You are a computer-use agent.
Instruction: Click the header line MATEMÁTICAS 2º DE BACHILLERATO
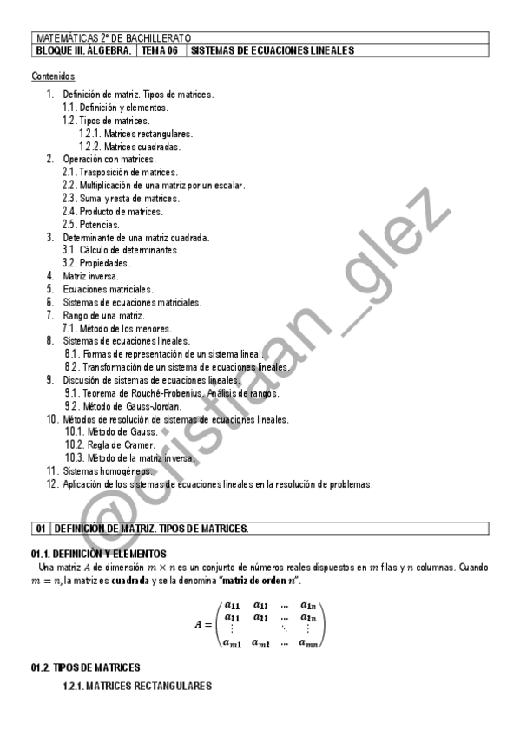tap(113, 39)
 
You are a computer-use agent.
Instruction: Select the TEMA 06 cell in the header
tap(161, 51)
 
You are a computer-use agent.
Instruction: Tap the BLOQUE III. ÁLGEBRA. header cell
tap(84, 51)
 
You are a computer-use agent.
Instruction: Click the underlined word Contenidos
tap(54, 77)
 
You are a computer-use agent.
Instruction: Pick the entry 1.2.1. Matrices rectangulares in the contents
tap(135, 134)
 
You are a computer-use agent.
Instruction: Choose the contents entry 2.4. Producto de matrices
tap(112, 212)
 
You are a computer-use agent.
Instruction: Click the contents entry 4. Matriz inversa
tap(84, 276)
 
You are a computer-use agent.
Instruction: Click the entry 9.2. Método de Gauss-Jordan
tap(123, 406)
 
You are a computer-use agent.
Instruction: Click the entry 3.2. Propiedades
tap(96, 263)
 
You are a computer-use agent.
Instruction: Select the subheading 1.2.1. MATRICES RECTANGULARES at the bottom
tap(137, 687)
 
